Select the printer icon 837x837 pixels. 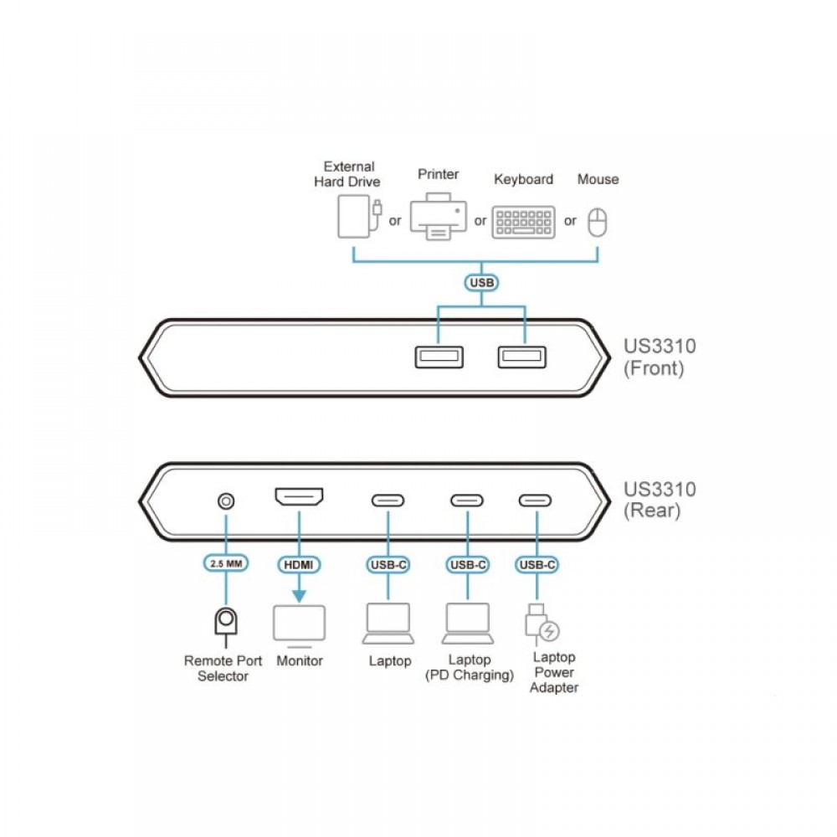click(x=439, y=216)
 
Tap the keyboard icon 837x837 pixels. click(x=524, y=222)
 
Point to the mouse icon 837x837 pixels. click(x=598, y=222)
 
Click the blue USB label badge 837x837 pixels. click(x=481, y=282)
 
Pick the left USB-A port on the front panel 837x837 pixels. click(x=439, y=357)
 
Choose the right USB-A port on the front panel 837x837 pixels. click(x=522, y=357)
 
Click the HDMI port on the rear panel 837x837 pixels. click(x=299, y=496)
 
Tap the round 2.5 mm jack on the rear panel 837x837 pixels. click(x=226, y=501)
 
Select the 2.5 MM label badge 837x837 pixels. click(x=226, y=563)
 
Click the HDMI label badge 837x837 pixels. click(x=299, y=565)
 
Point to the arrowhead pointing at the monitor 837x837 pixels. click(x=299, y=596)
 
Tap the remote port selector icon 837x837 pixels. click(x=226, y=626)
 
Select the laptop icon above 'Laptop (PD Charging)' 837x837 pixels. click(x=468, y=624)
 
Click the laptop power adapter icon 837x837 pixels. click(x=542, y=624)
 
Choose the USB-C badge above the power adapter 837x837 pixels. click(x=537, y=565)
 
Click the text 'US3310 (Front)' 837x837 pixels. click(x=660, y=357)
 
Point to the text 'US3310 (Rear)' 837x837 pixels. click(x=660, y=500)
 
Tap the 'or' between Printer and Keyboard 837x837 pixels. click(x=480, y=220)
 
